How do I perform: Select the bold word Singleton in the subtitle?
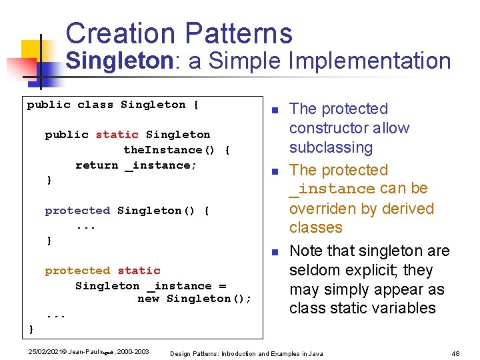[119, 61]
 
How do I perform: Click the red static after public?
[117, 135]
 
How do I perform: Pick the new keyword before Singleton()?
[148, 299]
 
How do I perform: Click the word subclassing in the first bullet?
[331, 147]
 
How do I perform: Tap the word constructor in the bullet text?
[349, 128]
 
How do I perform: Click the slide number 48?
[456, 353]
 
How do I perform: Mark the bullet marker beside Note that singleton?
[274, 252]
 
